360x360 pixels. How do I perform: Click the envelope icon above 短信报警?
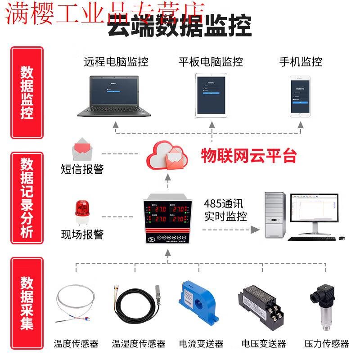click(x=82, y=149)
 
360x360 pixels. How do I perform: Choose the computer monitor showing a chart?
click(x=314, y=213)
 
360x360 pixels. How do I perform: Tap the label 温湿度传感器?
click(x=139, y=344)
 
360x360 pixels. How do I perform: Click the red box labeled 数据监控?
click(x=27, y=93)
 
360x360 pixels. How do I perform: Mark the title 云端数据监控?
click(x=179, y=25)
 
